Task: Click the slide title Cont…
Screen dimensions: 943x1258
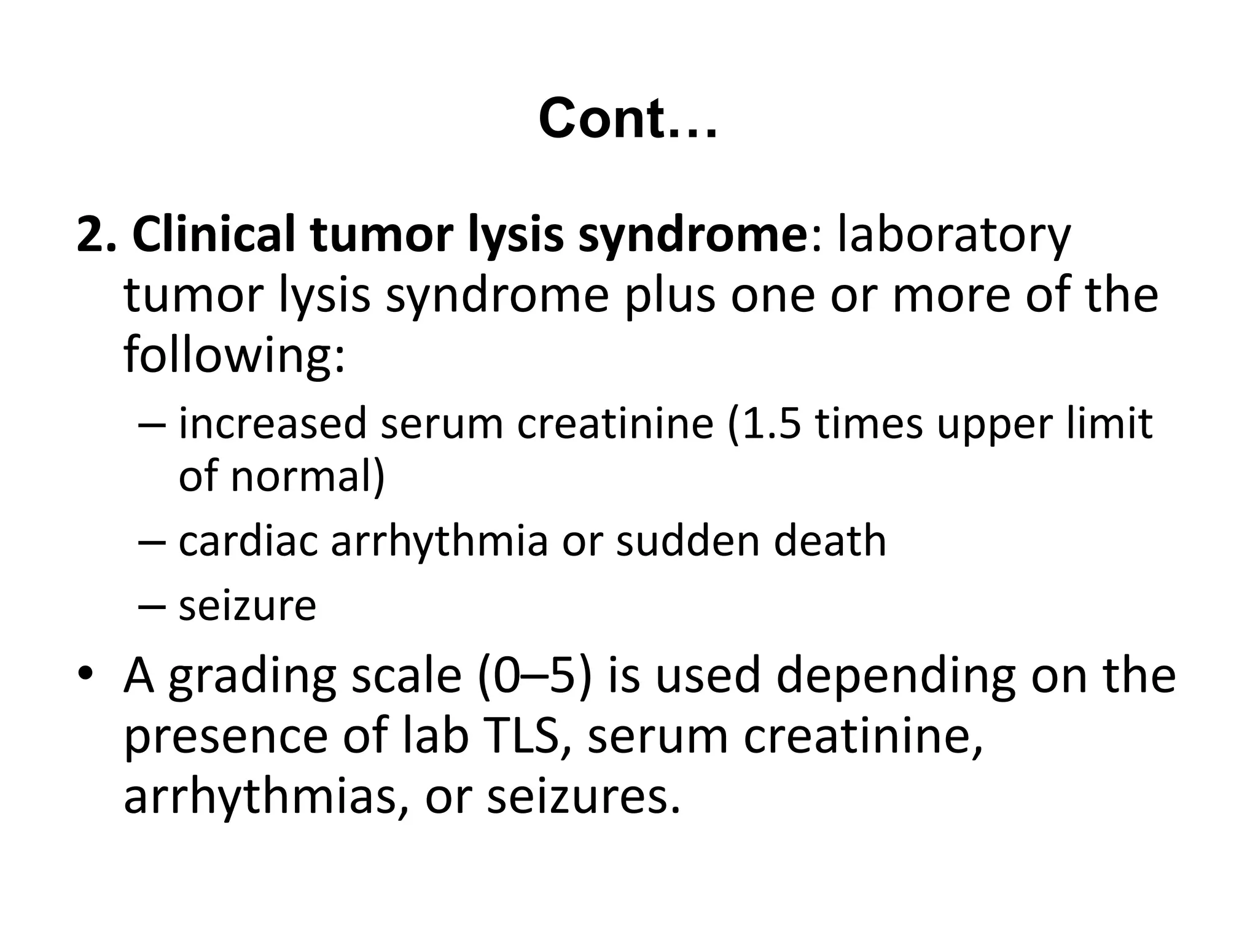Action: (x=627, y=118)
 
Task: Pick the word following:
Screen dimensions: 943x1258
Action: (x=234, y=356)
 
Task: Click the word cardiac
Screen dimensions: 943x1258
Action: (x=248, y=541)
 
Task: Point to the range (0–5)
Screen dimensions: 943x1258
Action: (x=534, y=675)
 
